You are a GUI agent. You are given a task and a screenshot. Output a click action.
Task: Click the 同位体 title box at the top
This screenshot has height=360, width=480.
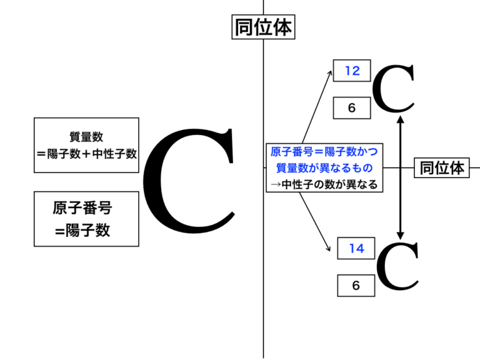[x=262, y=27]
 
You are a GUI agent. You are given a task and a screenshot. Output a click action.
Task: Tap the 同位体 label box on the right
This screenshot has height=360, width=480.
[x=442, y=167]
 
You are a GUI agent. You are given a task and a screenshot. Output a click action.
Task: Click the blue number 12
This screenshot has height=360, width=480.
[x=352, y=71]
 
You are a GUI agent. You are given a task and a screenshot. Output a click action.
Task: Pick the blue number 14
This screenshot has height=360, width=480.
[x=356, y=249]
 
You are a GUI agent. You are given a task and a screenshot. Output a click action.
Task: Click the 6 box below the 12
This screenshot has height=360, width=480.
[x=352, y=107]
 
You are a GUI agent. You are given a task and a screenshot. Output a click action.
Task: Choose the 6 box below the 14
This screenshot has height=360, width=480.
[x=356, y=286]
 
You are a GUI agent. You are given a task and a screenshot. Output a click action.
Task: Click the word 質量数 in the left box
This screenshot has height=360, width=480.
[x=86, y=137]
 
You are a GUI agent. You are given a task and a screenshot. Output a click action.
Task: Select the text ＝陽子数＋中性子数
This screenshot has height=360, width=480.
[x=86, y=153]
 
